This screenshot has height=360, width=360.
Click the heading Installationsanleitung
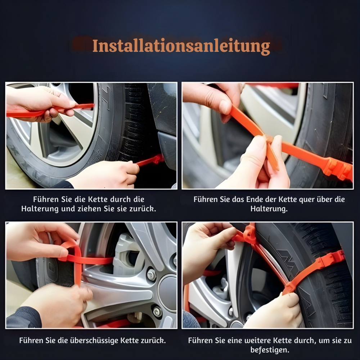coord(181,46)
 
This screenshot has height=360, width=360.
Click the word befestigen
coord(270,350)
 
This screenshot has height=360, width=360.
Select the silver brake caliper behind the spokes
coord(126,254)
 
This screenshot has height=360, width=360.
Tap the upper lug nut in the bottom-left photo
coord(151,275)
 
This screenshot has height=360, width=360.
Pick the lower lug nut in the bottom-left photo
coord(157,311)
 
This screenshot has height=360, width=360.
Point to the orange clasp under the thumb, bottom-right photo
coord(249,234)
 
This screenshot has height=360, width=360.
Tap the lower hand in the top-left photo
coord(108,175)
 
